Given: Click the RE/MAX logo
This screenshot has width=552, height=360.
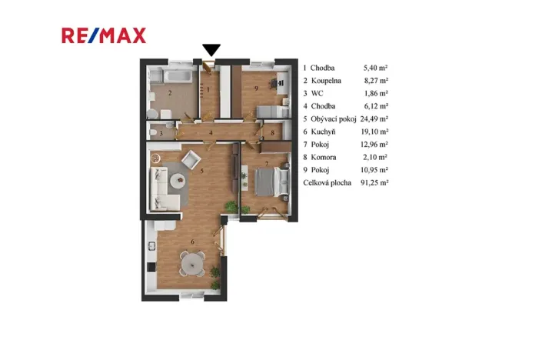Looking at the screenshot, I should point(103,35).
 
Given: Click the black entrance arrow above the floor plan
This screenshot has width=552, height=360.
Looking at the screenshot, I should point(211,51).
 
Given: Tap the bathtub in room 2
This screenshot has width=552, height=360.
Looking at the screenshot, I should point(167,78).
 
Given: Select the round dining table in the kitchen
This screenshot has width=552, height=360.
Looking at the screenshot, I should point(190,265).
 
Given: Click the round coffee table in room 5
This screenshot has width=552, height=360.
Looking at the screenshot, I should point(178,182).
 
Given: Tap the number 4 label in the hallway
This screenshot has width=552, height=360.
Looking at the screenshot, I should point(210,132).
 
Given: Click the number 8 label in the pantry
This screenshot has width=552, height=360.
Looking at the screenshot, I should point(273,132).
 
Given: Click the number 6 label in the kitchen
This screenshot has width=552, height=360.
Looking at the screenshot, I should point(194,243).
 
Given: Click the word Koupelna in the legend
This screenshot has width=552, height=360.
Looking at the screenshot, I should point(327,80).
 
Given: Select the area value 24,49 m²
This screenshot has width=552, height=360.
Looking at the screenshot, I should point(374,118).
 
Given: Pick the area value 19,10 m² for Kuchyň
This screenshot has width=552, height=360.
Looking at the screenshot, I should point(374,132).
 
